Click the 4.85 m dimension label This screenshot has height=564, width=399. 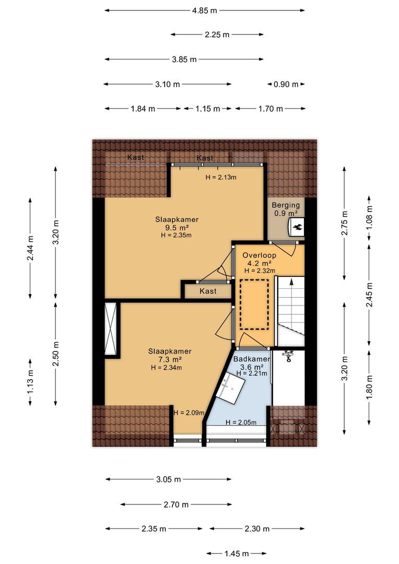coord(204,10)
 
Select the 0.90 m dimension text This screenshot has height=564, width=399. coord(286,84)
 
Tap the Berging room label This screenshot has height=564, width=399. coord(286,205)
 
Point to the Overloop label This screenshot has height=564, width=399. coord(260,255)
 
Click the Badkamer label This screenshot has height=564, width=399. coord(252,359)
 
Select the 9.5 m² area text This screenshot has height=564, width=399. coord(177,227)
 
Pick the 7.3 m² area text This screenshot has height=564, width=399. coord(170,359)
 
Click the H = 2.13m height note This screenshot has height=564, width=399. coord(221,177)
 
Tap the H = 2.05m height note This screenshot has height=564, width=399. coord(241,422)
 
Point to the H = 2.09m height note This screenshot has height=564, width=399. coord(189,413)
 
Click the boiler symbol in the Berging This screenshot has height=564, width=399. coord(297,227)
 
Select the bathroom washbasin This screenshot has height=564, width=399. coord(230,387)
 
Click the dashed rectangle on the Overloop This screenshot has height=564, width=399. coord(254,304)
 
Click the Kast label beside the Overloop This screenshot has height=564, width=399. coord(208,291)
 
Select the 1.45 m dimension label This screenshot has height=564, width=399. coord(237,554)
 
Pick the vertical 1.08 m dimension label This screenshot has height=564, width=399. coord(369,218)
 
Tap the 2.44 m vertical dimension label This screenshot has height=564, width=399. coord(30,248)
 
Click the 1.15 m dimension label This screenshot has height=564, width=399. coord(208,109)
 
